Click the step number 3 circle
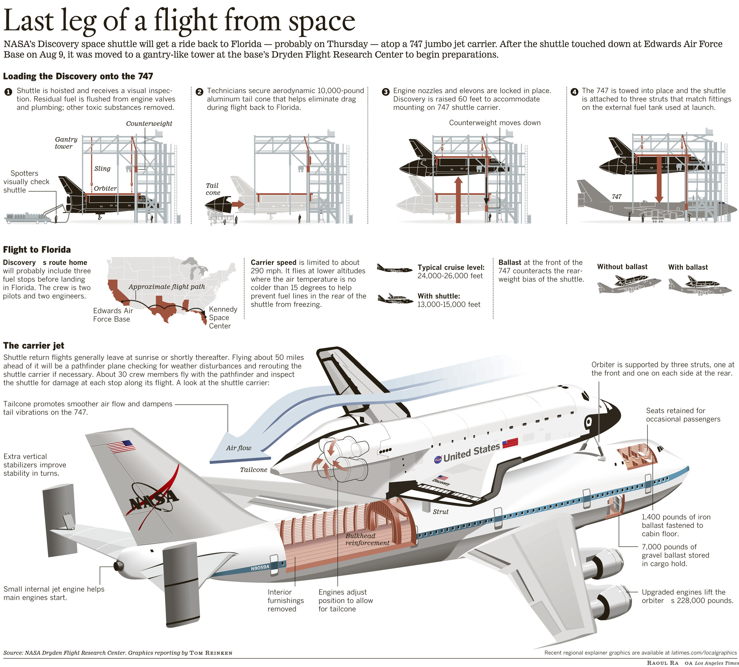pyautogui.click(x=385, y=92)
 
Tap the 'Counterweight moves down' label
pyautogui.click(x=494, y=123)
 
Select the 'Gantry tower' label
pyautogui.click(x=66, y=143)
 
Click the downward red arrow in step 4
pyautogui.click(x=659, y=179)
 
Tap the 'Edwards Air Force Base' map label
pyautogui.click(x=113, y=315)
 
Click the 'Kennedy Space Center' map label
pyautogui.click(x=223, y=317)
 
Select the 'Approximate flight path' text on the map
pyautogui.click(x=167, y=286)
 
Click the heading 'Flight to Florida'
pyautogui.click(x=37, y=250)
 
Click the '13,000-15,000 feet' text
pyautogui.click(x=448, y=305)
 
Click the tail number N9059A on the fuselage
pyautogui.click(x=260, y=568)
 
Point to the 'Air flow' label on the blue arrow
pyautogui.click(x=239, y=448)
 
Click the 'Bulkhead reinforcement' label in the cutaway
pyautogui.click(x=366, y=540)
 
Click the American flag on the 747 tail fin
pyautogui.click(x=121, y=447)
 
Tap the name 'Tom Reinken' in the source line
pyautogui.click(x=211, y=653)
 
